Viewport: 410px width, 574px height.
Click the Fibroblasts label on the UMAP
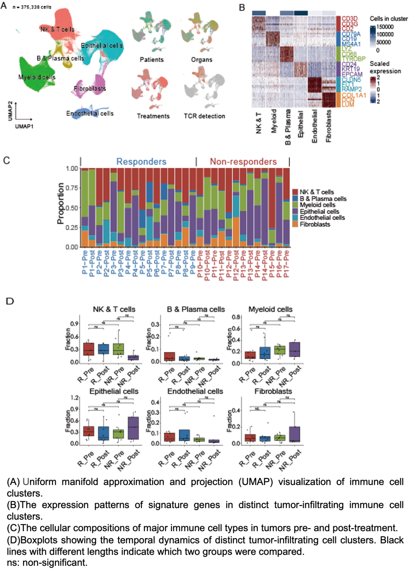[90, 89]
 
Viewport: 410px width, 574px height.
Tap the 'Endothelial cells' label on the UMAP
[90, 113]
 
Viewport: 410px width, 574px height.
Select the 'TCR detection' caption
[204, 116]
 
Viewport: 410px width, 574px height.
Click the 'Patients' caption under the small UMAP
[151, 60]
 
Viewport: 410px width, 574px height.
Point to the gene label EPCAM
[352, 74]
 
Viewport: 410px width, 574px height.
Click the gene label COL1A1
[353, 95]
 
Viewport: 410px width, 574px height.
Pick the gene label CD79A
[351, 34]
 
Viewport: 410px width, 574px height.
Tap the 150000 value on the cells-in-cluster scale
[385, 27]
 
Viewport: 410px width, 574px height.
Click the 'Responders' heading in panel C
[141, 162]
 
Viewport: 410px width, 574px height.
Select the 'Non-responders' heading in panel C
[243, 162]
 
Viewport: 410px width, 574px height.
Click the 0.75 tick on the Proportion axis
[72, 188]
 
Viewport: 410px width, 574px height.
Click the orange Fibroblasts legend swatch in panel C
[295, 224]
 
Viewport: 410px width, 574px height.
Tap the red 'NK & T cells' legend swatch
[295, 192]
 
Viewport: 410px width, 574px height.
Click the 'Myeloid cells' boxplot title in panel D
[270, 309]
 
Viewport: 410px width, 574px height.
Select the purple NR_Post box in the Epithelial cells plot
[133, 428]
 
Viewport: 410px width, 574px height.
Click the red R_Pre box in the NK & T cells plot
[89, 349]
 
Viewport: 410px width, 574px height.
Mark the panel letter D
[10, 301]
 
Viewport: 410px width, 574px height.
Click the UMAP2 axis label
[10, 111]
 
